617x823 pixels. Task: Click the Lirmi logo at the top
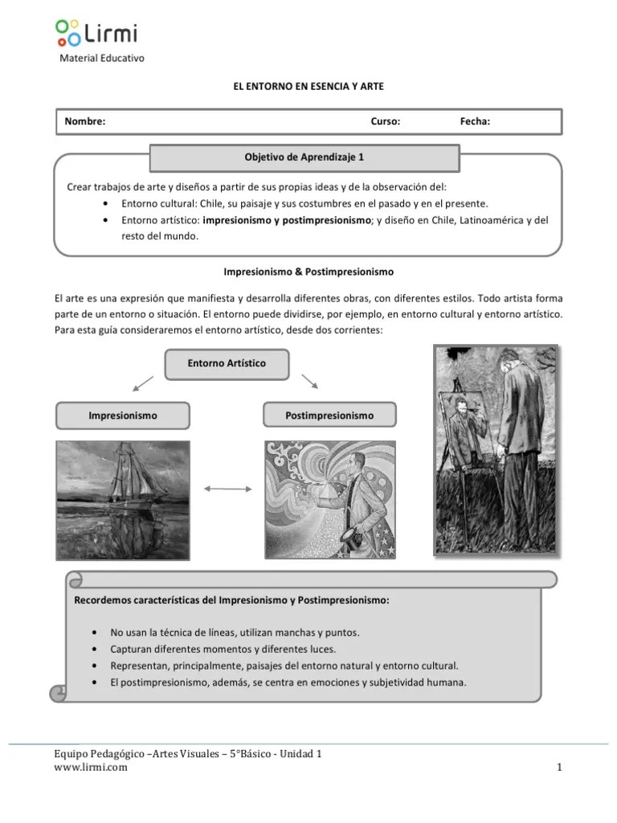pyautogui.click(x=96, y=33)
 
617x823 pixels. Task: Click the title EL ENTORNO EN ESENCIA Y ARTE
pyautogui.click(x=308, y=85)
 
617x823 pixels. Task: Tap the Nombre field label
pyautogui.click(x=85, y=121)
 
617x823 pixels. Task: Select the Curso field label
pyautogui.click(x=385, y=121)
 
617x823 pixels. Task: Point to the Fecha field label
pyautogui.click(x=475, y=121)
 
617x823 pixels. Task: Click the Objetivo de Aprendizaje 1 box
pyautogui.click(x=304, y=158)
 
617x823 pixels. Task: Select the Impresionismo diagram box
pyautogui.click(x=123, y=416)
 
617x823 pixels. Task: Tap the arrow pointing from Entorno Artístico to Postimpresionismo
pyautogui.click(x=311, y=381)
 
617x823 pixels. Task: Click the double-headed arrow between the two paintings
pyautogui.click(x=227, y=488)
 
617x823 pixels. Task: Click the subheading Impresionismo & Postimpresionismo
pyautogui.click(x=308, y=272)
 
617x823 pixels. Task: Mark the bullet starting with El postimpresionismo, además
pyautogui.click(x=288, y=683)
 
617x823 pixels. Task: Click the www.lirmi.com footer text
pyautogui.click(x=90, y=768)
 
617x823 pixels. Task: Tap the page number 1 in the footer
pyautogui.click(x=559, y=768)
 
